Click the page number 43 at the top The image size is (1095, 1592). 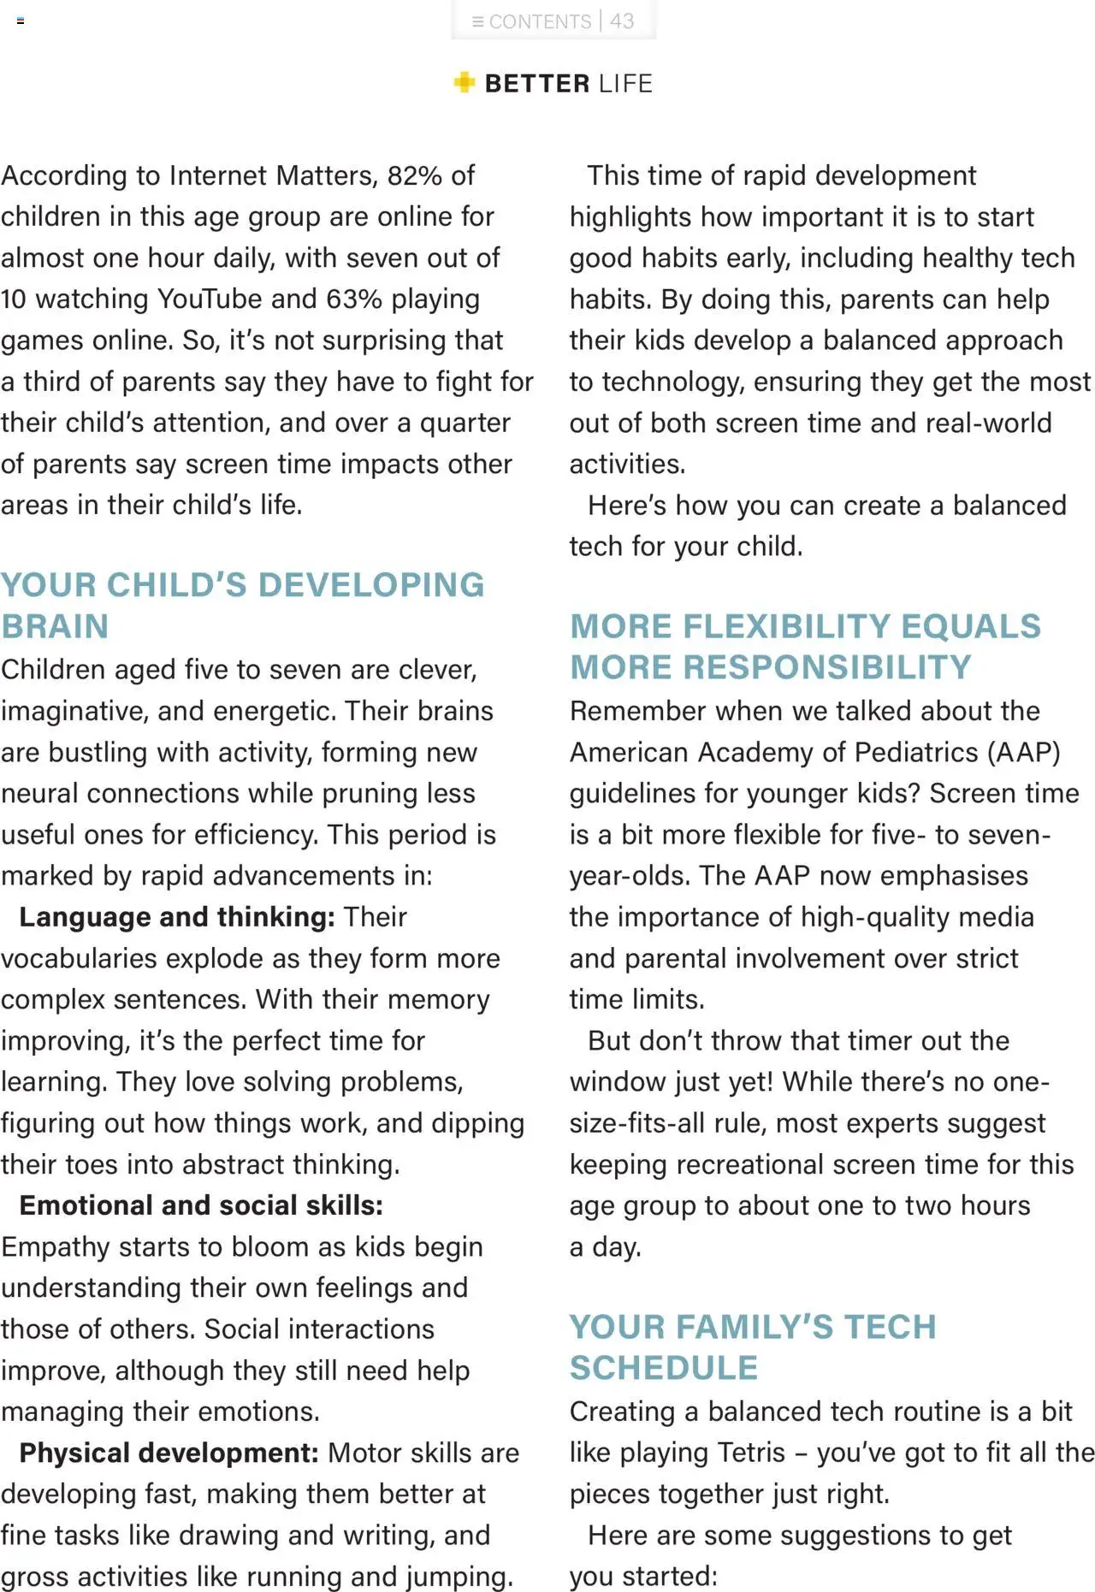[622, 21]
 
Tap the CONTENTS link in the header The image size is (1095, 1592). [539, 21]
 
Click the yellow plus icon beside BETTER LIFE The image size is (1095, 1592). [464, 82]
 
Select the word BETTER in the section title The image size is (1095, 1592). [537, 84]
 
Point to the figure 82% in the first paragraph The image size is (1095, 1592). [414, 175]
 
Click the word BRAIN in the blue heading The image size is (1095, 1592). [55, 626]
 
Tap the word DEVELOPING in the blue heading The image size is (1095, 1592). [371, 585]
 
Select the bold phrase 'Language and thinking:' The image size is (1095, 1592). [177, 917]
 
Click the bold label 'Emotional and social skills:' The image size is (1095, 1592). [201, 1205]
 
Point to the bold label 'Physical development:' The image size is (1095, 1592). [169, 1453]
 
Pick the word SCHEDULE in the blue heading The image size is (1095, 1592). [664, 1368]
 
